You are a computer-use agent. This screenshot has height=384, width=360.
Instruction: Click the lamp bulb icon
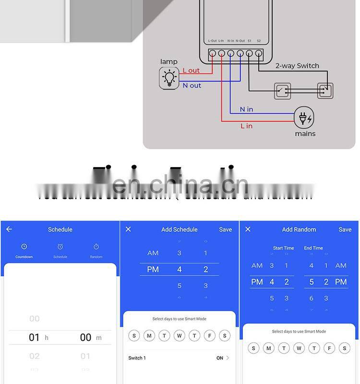click(169, 78)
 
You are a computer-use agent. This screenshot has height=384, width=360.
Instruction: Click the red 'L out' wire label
click(191, 71)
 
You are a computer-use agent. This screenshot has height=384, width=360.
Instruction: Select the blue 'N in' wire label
click(246, 109)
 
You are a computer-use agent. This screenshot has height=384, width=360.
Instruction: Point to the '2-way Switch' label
click(297, 66)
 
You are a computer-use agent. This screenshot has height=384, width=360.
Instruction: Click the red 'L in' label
click(246, 126)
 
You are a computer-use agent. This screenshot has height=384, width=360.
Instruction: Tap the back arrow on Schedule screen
click(9, 229)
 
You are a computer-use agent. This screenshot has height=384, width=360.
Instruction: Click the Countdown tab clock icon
click(24, 247)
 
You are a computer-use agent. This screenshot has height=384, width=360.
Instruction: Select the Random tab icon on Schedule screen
click(96, 247)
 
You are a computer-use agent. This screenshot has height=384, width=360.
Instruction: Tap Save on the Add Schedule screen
click(226, 229)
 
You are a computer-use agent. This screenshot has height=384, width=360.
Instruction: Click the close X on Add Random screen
click(248, 229)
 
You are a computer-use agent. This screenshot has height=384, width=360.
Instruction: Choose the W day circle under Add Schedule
click(180, 336)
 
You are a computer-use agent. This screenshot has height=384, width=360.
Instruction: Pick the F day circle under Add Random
click(329, 348)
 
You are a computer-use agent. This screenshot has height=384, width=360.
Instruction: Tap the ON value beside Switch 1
click(220, 358)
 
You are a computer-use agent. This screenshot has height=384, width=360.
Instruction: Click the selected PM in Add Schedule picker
click(153, 270)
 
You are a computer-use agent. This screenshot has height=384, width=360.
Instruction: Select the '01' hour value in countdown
click(34, 337)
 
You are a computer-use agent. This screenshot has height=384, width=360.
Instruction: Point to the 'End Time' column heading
click(313, 248)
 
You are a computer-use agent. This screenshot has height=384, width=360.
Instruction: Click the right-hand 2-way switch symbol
click(325, 90)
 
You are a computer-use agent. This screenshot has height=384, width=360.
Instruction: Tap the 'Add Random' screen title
click(299, 229)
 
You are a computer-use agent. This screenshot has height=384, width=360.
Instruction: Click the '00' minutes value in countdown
click(85, 337)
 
